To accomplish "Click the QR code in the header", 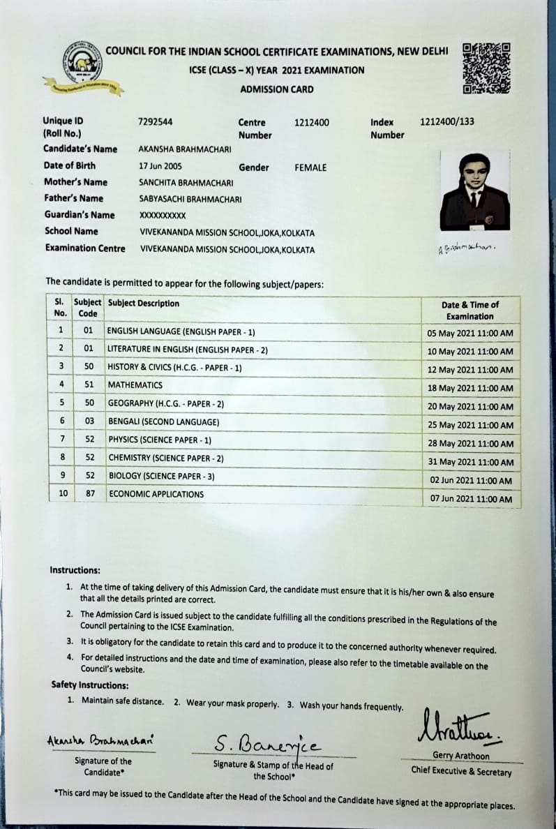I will (486, 68).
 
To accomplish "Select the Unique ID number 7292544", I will (156, 122).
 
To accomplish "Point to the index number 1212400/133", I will (446, 121).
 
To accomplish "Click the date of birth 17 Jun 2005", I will (160, 167).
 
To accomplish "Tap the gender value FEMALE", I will (310, 167).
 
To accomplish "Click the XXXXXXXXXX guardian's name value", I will (163, 216).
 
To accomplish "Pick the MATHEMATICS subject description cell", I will (135, 385).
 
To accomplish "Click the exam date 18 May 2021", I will (469, 388).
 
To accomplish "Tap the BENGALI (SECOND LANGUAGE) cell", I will (163, 422).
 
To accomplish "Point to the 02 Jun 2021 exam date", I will (471, 481).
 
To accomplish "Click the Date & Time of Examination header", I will (470, 311).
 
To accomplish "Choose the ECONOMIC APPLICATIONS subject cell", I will (156, 494).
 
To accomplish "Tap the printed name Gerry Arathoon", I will (461, 756).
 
